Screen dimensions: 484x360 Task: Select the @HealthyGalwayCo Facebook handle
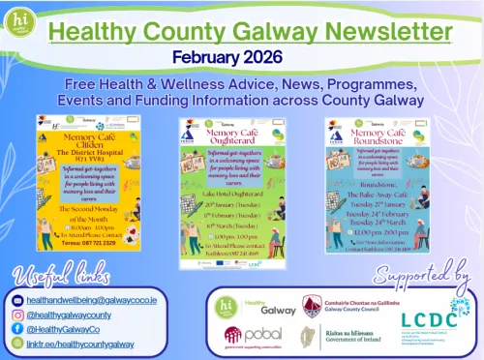click(x=77, y=329)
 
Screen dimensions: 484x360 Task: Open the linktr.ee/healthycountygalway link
click(x=93, y=344)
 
